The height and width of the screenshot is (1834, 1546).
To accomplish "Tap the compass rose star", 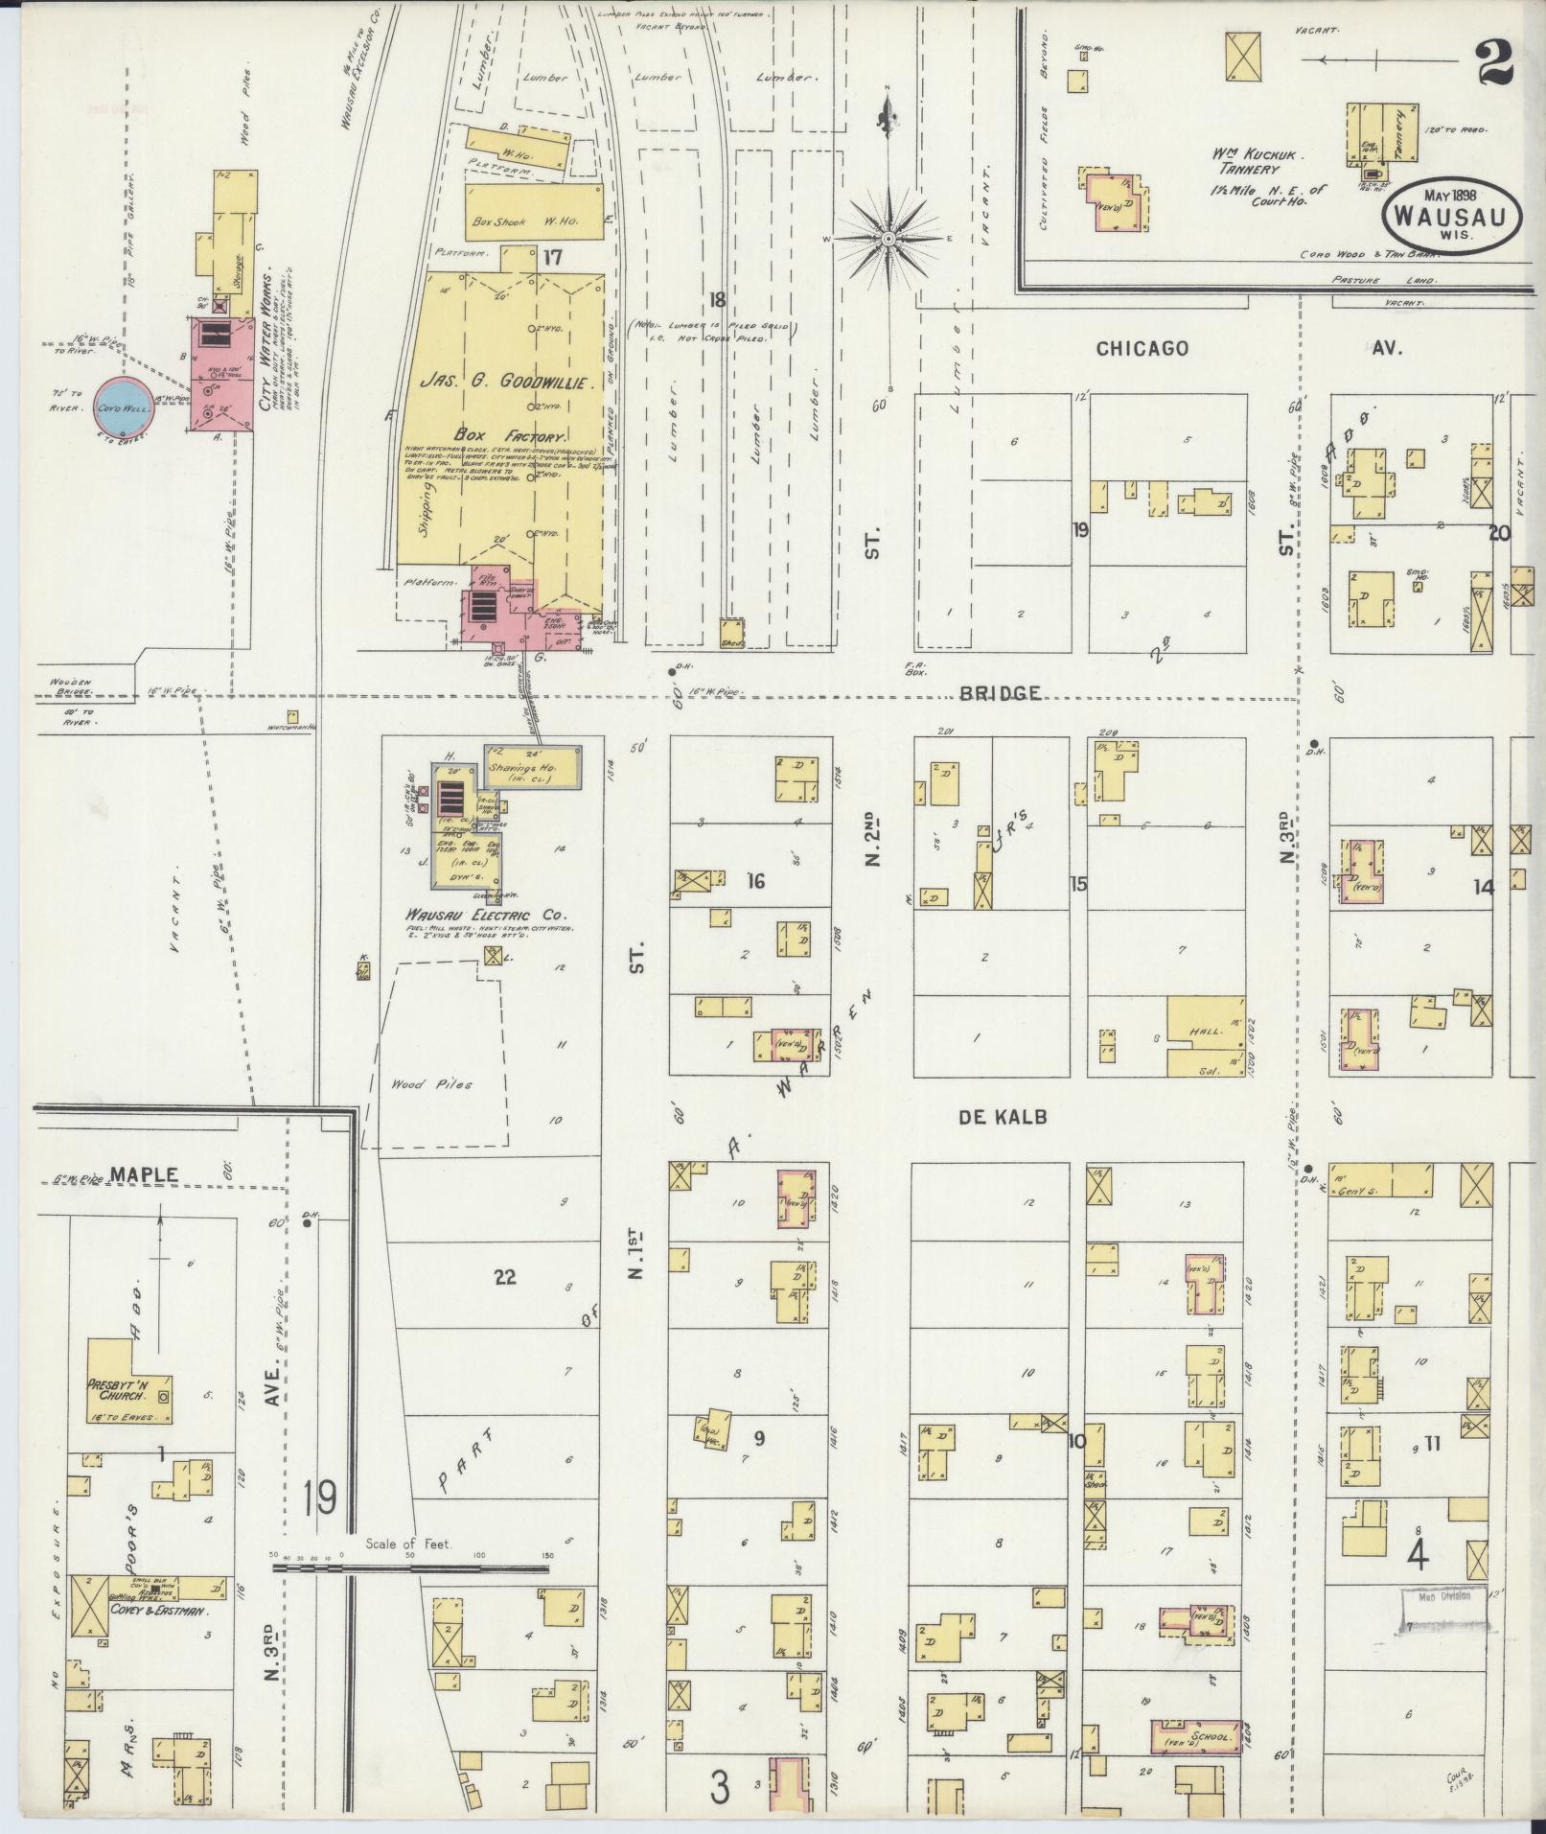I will (888, 238).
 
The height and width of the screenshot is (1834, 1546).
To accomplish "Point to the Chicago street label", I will (1142, 348).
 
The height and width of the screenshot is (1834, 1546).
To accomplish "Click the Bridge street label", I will (1001, 692).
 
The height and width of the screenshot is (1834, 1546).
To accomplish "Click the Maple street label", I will (145, 1173).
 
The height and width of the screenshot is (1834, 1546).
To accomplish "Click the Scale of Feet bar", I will (412, 1567).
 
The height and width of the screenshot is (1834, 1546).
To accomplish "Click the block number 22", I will (504, 1276).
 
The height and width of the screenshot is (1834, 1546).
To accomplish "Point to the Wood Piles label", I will (431, 1085).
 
